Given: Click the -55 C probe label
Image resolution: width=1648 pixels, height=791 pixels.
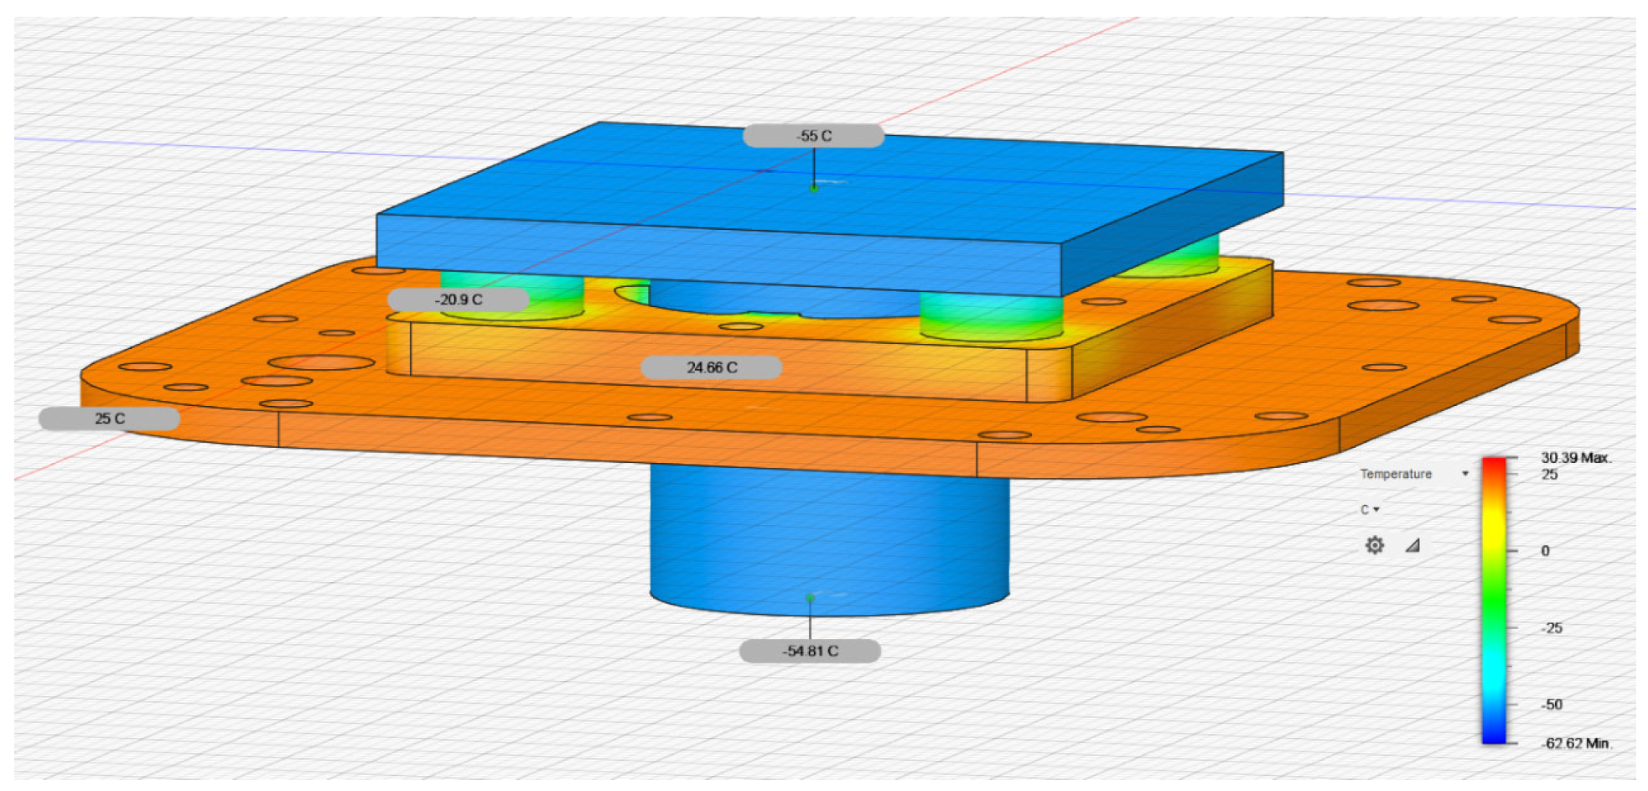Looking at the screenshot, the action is click(x=813, y=136).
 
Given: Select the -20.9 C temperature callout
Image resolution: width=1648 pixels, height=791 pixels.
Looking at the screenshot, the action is click(x=459, y=299).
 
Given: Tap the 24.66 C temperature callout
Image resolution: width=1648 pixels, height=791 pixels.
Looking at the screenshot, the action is click(x=712, y=367).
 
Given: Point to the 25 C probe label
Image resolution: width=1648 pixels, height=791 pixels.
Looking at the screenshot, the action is click(x=109, y=418).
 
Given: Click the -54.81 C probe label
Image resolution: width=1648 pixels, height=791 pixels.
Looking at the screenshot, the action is click(x=810, y=651).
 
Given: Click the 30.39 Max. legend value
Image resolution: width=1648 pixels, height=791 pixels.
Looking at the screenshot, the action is click(x=1576, y=458).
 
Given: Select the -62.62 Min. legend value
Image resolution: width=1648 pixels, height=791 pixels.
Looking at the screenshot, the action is click(x=1576, y=743).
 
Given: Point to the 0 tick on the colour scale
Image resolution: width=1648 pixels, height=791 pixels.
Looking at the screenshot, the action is click(x=1545, y=551).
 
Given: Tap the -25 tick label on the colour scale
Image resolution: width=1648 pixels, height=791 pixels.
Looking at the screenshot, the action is click(x=1552, y=628).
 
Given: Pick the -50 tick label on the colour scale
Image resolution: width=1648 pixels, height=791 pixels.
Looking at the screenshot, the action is click(x=1552, y=705).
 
